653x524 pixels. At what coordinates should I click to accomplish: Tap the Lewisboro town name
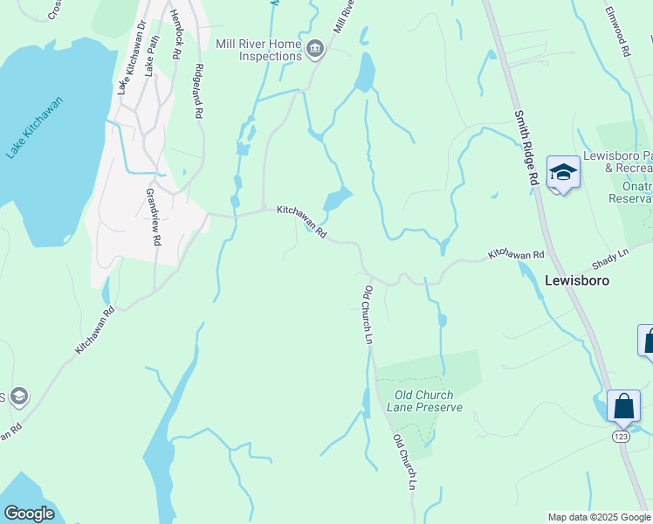tap(576, 281)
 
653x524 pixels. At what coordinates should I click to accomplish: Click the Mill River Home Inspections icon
tap(315, 51)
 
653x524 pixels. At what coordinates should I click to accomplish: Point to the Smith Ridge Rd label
tap(526, 148)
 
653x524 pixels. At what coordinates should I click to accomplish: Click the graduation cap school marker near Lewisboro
tap(563, 173)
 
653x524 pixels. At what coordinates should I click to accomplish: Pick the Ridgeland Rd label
tap(199, 92)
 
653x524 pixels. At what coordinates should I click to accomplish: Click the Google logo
tap(29, 514)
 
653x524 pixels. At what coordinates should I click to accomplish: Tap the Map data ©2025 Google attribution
tap(599, 517)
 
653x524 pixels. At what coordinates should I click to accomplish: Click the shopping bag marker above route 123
tap(623, 406)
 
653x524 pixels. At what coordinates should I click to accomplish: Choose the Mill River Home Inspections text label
tap(258, 50)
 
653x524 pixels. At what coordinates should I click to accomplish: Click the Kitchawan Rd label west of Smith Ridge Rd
tap(516, 253)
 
